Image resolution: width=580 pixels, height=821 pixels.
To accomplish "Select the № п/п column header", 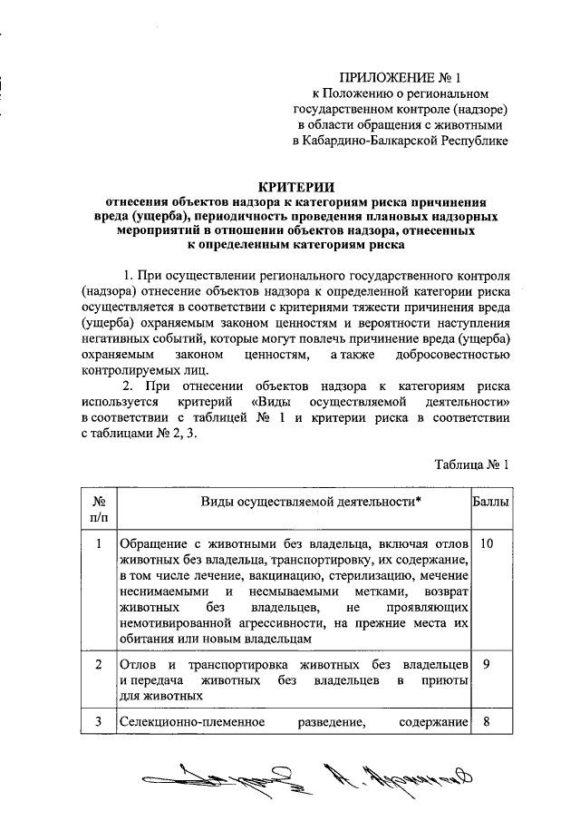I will [99, 508].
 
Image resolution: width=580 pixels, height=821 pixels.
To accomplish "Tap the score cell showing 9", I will [488, 663].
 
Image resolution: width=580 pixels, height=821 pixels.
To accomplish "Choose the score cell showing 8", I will [488, 723].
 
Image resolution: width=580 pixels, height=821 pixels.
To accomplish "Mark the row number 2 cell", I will [99, 663].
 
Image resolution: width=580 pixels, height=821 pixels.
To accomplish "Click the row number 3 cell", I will [99, 723].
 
